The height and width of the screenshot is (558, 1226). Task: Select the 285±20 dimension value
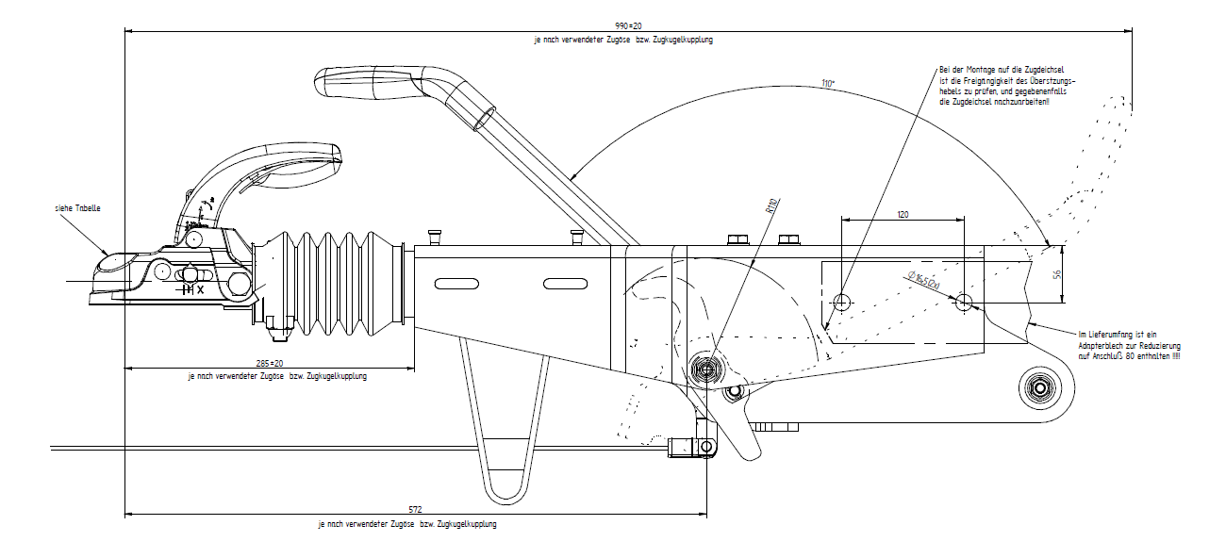click(x=271, y=362)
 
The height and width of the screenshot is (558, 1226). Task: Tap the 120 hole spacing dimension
click(x=903, y=215)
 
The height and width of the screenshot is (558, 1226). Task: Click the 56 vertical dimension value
click(x=1057, y=274)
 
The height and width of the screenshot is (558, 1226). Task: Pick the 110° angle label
click(x=828, y=84)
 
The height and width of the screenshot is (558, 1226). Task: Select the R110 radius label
click(x=770, y=206)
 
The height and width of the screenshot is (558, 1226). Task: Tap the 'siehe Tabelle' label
click(x=78, y=207)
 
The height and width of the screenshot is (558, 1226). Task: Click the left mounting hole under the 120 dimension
click(x=842, y=303)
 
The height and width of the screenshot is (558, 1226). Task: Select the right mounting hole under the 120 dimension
click(x=964, y=303)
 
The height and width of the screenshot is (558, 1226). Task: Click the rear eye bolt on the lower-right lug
click(x=1040, y=386)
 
